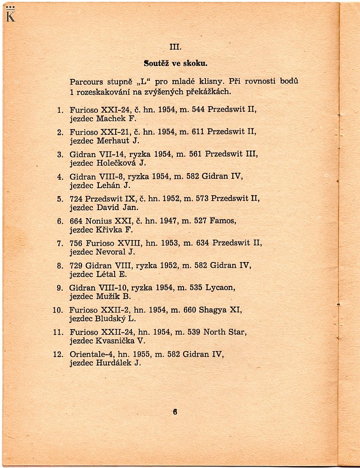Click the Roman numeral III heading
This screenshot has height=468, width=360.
(175, 47)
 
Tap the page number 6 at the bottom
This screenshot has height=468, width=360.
(175, 412)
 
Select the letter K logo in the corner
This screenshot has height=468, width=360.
(10, 15)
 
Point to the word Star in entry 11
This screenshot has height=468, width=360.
(236, 332)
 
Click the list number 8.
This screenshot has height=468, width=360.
(60, 266)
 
